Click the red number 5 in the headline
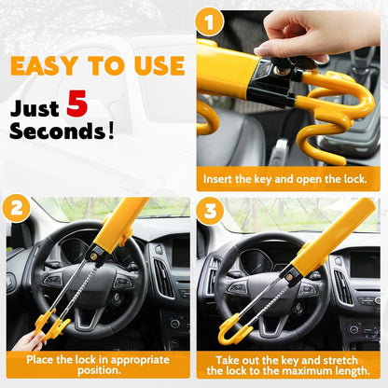point(76,104)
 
